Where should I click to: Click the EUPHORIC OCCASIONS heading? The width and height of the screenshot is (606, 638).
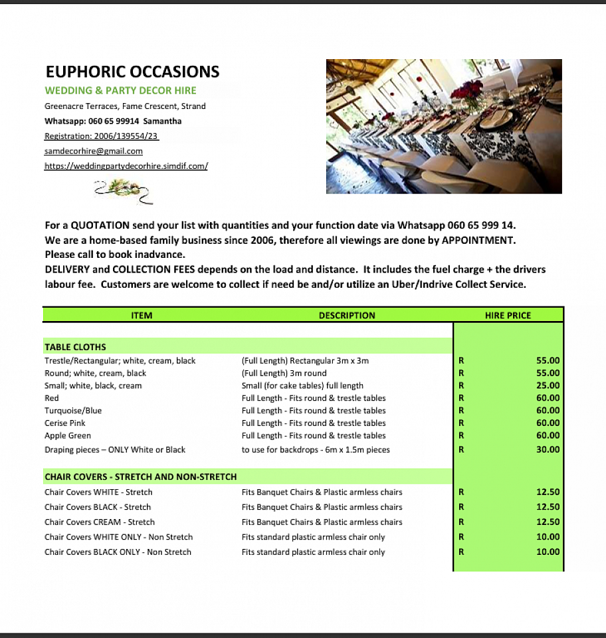pyautogui.click(x=132, y=72)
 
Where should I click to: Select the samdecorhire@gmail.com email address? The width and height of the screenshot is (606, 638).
pyautogui.click(x=94, y=151)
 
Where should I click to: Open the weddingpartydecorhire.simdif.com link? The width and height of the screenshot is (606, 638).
pyautogui.click(x=126, y=166)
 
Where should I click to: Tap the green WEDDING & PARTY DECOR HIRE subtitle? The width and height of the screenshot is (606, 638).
pyautogui.click(x=120, y=90)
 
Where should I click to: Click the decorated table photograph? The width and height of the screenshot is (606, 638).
pyautogui.click(x=444, y=126)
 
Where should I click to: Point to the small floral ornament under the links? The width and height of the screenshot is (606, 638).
pyautogui.click(x=124, y=191)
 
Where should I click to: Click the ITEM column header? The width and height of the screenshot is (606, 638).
pyautogui.click(x=142, y=316)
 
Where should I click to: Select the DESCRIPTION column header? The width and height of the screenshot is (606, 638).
pyautogui.click(x=347, y=316)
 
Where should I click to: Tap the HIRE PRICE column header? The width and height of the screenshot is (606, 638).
pyautogui.click(x=508, y=316)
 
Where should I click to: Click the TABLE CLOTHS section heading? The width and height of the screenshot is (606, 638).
pyautogui.click(x=75, y=347)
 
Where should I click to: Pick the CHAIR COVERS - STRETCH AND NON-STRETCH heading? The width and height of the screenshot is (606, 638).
pyautogui.click(x=140, y=477)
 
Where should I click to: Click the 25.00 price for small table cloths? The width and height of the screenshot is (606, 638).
pyautogui.click(x=548, y=385)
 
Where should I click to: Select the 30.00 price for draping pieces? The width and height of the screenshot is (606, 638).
pyautogui.click(x=548, y=449)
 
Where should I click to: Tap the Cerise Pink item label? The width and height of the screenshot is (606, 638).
pyautogui.click(x=65, y=423)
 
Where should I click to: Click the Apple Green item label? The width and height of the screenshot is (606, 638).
pyautogui.click(x=68, y=435)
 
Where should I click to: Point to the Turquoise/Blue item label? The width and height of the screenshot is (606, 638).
pyautogui.click(x=73, y=411)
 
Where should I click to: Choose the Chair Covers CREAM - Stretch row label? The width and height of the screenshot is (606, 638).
pyautogui.click(x=100, y=522)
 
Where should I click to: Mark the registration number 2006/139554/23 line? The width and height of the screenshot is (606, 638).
pyautogui.click(x=102, y=136)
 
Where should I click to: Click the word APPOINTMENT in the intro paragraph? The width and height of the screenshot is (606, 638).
pyautogui.click(x=478, y=240)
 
